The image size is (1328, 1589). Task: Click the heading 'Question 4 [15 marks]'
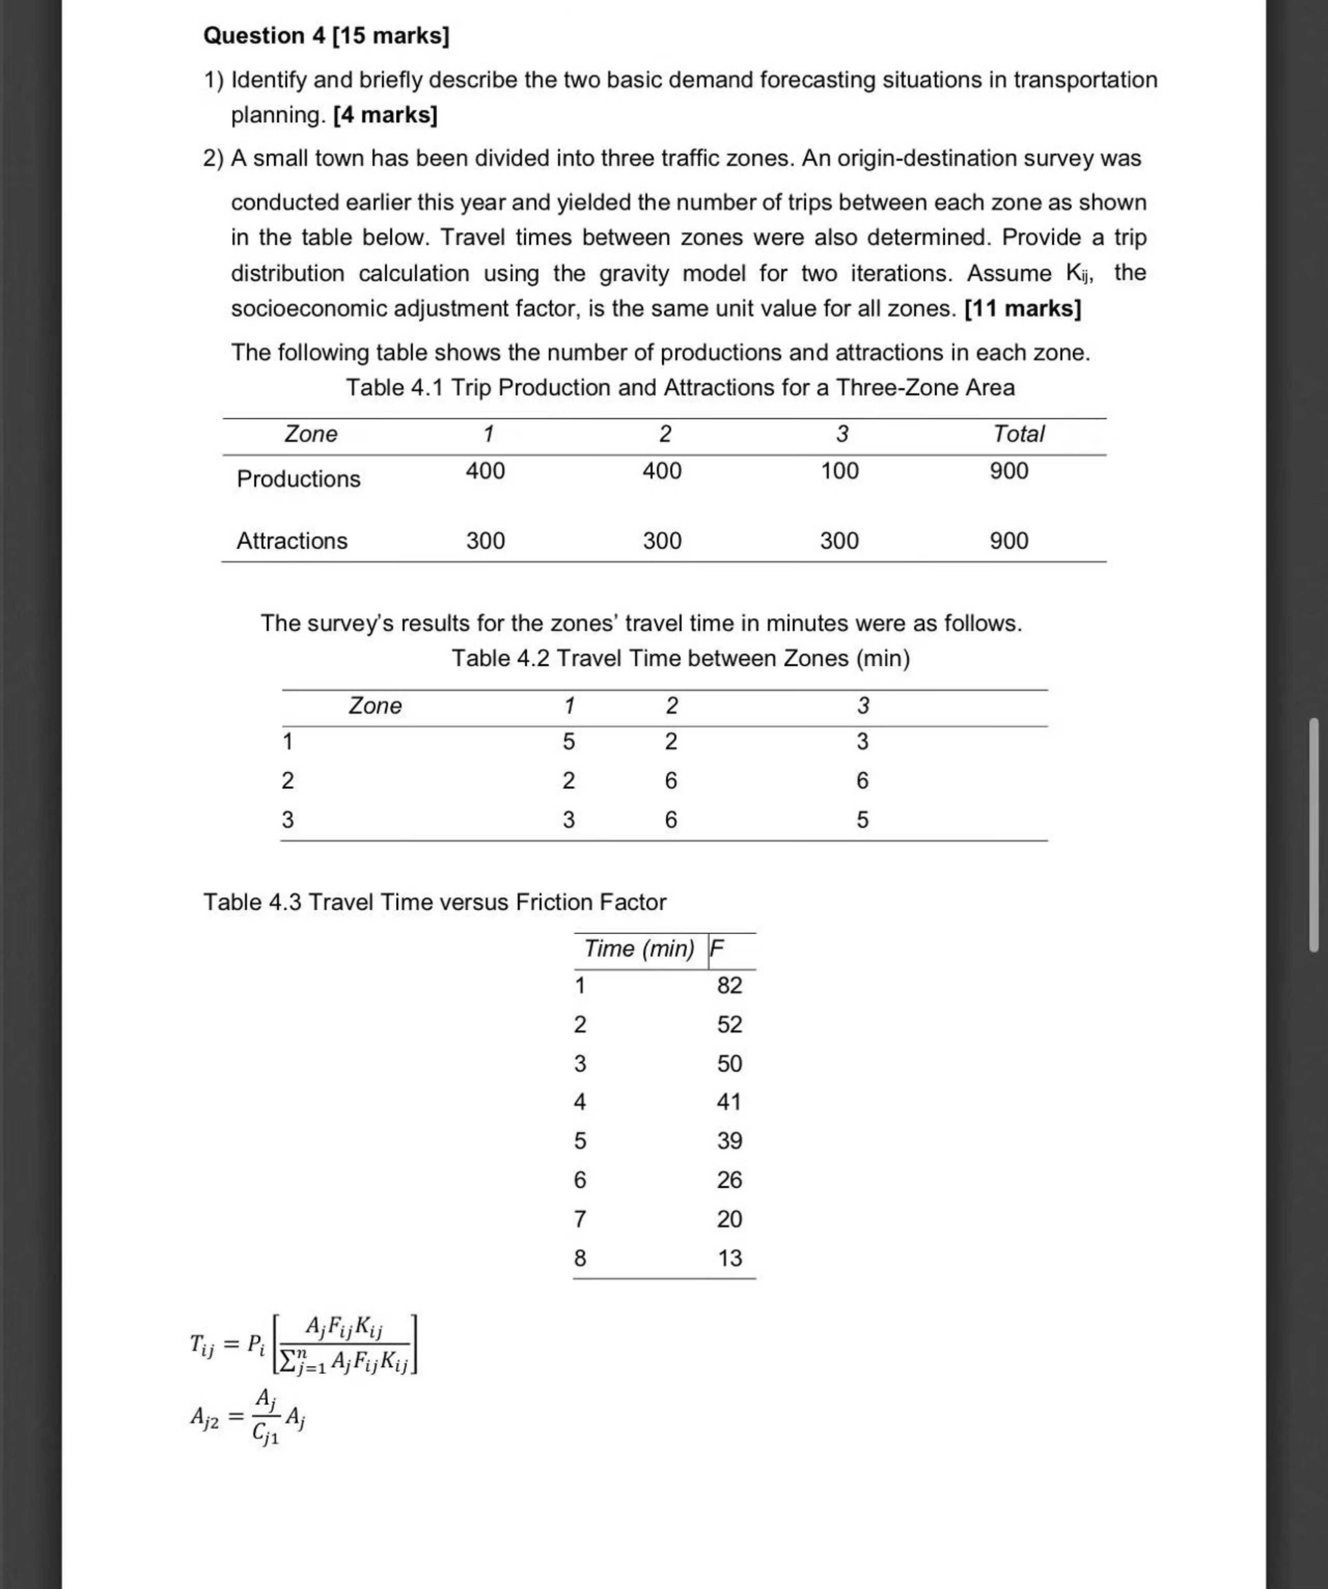coord(326,35)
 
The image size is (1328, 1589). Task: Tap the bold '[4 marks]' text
coord(385,115)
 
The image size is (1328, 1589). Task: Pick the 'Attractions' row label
coord(292,541)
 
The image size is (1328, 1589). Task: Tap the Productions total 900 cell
coord(1009,471)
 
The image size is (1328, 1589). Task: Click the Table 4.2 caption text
coord(680,658)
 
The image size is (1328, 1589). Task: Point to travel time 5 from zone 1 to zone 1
coord(568,742)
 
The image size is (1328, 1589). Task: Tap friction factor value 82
coord(730,985)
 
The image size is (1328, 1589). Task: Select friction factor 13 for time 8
coord(730,1258)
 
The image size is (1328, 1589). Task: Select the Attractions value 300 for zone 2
coord(662,541)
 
